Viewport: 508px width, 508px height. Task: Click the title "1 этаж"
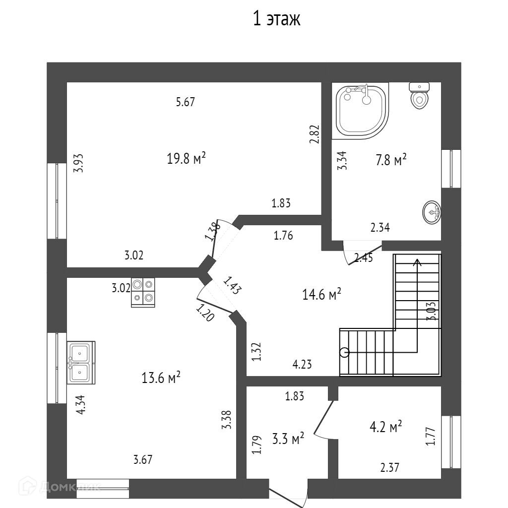tap(277, 19)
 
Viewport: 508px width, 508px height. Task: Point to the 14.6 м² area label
tap(321, 295)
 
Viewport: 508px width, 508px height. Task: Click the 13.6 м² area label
tap(161, 378)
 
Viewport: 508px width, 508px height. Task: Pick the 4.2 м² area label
tap(385, 427)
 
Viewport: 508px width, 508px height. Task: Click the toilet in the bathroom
tap(419, 95)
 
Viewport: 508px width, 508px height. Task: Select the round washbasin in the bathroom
tap(432, 213)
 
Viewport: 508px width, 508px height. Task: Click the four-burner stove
tap(143, 292)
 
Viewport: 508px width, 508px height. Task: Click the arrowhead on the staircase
tap(418, 262)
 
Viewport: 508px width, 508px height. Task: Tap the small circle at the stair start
tap(344, 352)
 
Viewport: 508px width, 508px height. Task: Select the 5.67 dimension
tap(186, 103)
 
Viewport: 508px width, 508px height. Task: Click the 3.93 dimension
tap(78, 163)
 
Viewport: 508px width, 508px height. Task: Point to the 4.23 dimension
tap(302, 365)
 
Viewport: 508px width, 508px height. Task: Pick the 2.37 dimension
tap(390, 467)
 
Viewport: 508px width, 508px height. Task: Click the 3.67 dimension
tap(142, 459)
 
